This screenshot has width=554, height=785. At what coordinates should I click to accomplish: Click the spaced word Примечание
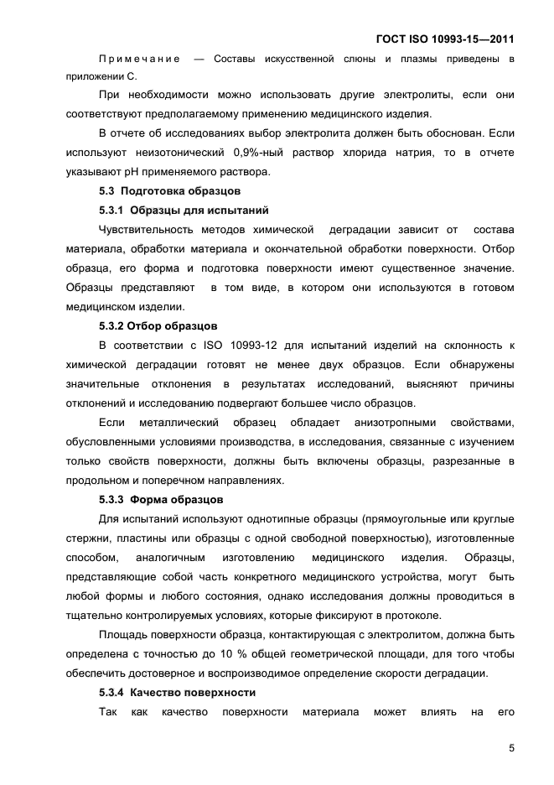click(x=139, y=58)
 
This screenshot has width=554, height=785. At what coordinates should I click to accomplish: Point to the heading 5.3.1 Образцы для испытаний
click(x=184, y=210)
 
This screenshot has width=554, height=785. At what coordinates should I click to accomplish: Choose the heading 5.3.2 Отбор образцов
click(x=158, y=325)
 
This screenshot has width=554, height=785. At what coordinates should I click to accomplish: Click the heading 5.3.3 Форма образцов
click(x=161, y=499)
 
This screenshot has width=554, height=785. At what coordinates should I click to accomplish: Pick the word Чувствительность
click(x=149, y=230)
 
